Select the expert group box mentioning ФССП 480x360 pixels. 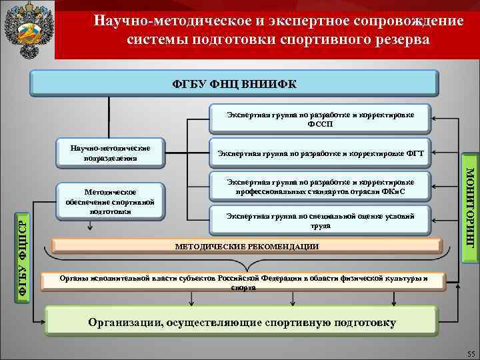[320, 119]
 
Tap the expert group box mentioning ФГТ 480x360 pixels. [320, 153]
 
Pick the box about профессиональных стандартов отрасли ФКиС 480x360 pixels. [320, 187]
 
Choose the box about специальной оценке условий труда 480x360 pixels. [320, 221]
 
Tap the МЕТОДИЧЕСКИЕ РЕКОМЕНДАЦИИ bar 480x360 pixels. [247, 247]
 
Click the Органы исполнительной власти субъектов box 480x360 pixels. [243, 281]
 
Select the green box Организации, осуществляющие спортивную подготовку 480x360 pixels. [242, 323]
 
